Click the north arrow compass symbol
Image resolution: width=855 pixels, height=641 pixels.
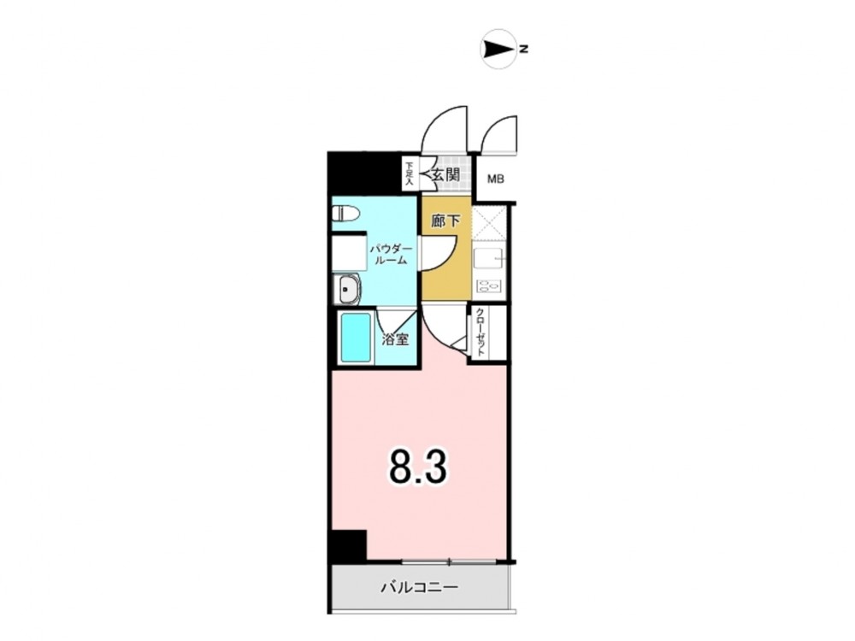pos(498,49)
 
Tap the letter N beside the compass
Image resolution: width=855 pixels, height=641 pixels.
pos(524,49)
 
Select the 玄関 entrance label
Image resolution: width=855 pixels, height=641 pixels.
pos(445,175)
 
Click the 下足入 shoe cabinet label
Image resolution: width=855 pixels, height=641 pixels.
pos(409,173)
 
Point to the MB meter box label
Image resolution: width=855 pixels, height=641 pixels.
pos(495,179)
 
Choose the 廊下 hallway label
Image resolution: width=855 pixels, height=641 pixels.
pos(445,221)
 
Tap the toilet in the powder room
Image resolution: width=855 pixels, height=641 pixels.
pos(345,213)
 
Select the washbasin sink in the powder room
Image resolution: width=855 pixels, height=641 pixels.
pos(347,289)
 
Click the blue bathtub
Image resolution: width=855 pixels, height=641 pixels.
pos(356,338)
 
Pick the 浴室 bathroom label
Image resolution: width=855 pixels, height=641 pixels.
pos(395,339)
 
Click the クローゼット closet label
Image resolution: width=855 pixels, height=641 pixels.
pos(481,332)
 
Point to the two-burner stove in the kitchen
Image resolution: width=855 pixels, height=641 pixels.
pos(489,286)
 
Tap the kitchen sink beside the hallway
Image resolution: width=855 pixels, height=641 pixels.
pos(489,258)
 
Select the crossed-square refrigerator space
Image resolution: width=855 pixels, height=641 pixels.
pos(489,223)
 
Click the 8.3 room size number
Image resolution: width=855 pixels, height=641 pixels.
pos(418,468)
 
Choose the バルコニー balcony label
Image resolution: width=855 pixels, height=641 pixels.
pos(419,588)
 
